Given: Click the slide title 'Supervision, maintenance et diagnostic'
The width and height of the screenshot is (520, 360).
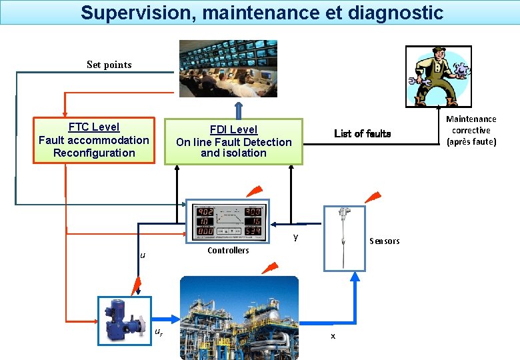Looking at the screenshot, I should tap(261, 13).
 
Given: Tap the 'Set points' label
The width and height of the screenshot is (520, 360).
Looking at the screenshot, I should tap(109, 65).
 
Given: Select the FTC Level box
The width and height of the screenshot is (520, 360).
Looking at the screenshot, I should tap(93, 140).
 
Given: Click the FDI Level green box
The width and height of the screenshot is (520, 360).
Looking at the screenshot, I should tap(233, 141).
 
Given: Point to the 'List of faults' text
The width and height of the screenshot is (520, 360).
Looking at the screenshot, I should tap(362, 133).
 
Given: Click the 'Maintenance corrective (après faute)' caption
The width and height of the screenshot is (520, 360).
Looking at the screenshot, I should tap(471, 130).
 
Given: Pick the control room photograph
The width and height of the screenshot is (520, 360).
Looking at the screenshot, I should tap(227, 68).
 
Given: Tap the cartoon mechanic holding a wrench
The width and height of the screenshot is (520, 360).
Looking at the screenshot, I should tap(438, 76).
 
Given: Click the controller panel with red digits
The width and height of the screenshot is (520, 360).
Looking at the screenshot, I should tap(227, 221).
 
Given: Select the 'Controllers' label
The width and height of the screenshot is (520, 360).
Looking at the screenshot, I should tap(228, 251).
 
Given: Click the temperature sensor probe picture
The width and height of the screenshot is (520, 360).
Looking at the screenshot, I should tap(344, 237).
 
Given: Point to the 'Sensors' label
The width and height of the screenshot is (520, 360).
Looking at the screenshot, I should tap(385, 241).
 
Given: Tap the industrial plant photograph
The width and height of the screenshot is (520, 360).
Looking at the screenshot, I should tap(239, 317).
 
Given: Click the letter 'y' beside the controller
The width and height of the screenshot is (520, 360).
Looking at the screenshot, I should tap(295, 237).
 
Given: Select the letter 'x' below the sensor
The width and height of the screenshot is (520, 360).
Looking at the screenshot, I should tap(333, 336).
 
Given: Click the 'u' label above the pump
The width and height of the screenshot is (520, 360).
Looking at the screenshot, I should tap(143, 255).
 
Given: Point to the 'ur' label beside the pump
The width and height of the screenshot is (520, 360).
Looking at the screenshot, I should tap(158, 332).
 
